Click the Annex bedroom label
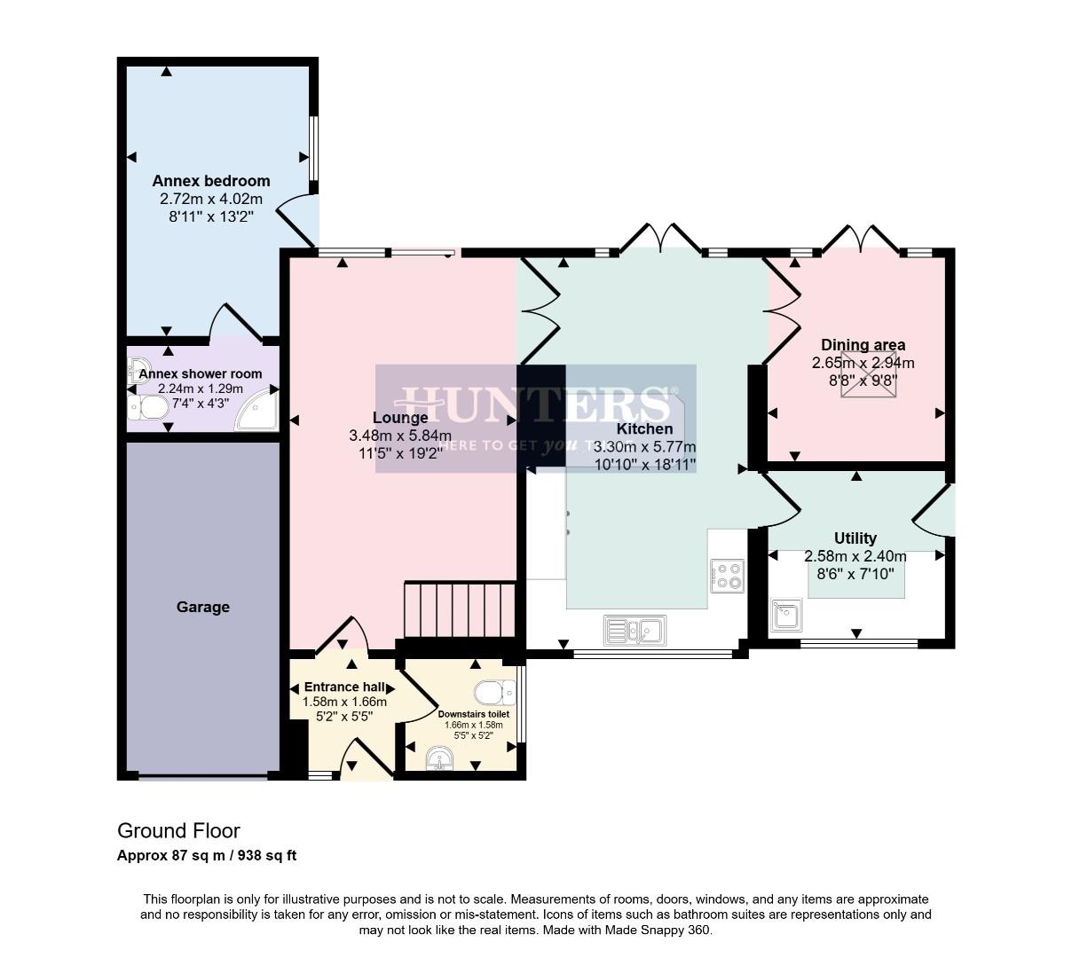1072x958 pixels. pyautogui.click(x=210, y=181)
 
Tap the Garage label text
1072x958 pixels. pyautogui.click(x=202, y=607)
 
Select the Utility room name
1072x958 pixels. pyautogui.click(x=855, y=538)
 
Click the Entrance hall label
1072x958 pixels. pyautogui.click(x=344, y=687)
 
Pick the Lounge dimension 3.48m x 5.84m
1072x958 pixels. pyautogui.click(x=400, y=436)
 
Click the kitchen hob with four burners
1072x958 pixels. pyautogui.click(x=728, y=575)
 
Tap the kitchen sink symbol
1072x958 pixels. pyautogui.click(x=635, y=631)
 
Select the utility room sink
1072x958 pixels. pyautogui.click(x=786, y=615)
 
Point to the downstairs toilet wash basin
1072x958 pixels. pyautogui.click(x=440, y=758)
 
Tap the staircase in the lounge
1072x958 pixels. pyautogui.click(x=460, y=609)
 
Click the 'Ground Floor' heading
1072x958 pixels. pyautogui.click(x=178, y=831)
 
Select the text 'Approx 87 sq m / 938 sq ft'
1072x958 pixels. pyautogui.click(x=207, y=856)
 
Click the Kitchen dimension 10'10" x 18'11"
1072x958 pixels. pyautogui.click(x=644, y=464)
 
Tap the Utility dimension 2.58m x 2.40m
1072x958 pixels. pyautogui.click(x=855, y=556)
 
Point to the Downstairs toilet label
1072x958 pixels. pyautogui.click(x=473, y=713)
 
